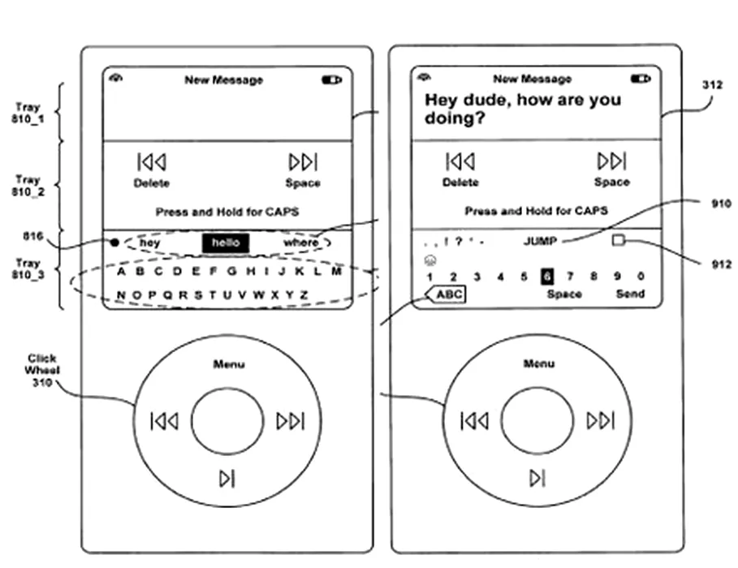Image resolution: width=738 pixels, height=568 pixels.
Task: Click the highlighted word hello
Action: pyautogui.click(x=225, y=243)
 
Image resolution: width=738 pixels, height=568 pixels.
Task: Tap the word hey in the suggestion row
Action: pyautogui.click(x=149, y=243)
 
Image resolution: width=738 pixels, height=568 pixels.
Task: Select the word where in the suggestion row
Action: pyautogui.click(x=300, y=243)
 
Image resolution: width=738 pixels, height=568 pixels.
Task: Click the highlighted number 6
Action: pyautogui.click(x=547, y=277)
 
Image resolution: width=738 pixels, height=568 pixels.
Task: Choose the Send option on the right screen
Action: pyautogui.click(x=630, y=294)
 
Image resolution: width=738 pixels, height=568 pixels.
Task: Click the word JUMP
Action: pyautogui.click(x=540, y=241)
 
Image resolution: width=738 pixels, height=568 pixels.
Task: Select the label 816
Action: pyautogui.click(x=32, y=236)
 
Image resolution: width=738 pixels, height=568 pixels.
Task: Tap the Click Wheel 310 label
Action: pyautogui.click(x=41, y=370)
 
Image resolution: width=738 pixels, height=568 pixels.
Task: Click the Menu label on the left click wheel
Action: pyautogui.click(x=228, y=364)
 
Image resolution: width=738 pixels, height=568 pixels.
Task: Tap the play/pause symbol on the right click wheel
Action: pyautogui.click(x=537, y=479)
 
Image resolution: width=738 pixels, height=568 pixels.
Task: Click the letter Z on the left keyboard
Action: pyautogui.click(x=304, y=295)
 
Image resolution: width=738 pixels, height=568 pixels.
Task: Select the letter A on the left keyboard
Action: pyautogui.click(x=121, y=271)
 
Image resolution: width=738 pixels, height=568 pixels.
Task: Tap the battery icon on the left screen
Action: pyautogui.click(x=331, y=80)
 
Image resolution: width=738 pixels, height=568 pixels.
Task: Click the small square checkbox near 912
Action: pyautogui.click(x=619, y=240)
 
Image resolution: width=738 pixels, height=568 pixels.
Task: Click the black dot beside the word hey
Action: pyautogui.click(x=114, y=242)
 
